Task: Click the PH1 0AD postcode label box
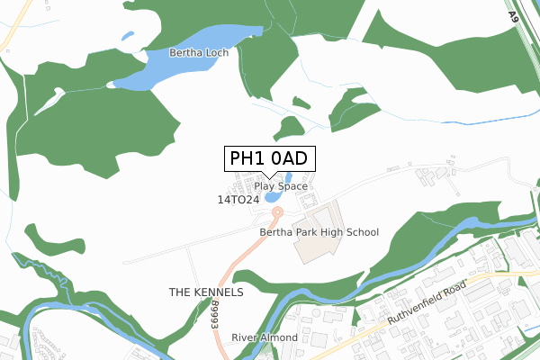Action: (269, 158)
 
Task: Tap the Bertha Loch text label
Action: (199, 53)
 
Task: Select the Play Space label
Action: (281, 186)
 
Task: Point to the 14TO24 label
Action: (238, 199)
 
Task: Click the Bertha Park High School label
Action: (319, 232)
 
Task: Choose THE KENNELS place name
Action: (206, 293)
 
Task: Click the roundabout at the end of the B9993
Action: (277, 211)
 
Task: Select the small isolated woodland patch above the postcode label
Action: (290, 128)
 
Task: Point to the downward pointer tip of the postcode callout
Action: (269, 177)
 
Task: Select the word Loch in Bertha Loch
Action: (216, 53)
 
